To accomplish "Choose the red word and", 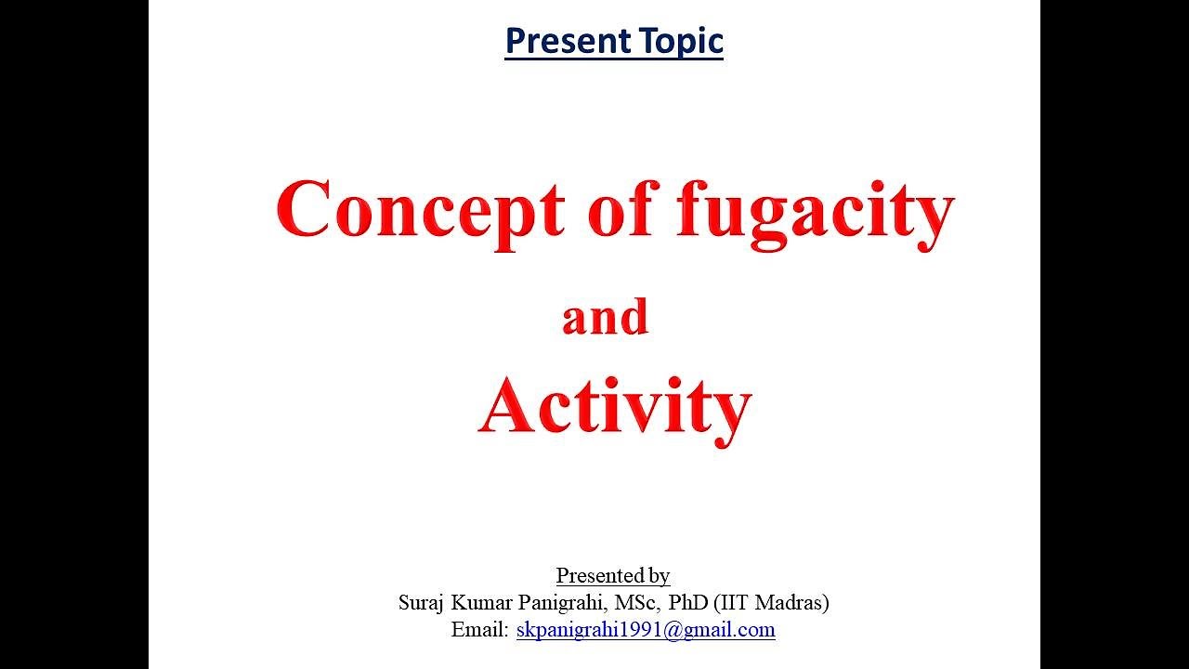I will [605, 318].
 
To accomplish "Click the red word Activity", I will [614, 407].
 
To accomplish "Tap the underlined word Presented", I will [599, 575].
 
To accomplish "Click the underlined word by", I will [659, 576].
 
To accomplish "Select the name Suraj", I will [422, 602].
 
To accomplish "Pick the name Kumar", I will [485, 602].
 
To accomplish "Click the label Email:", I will [480, 629].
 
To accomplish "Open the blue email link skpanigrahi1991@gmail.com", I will [646, 630].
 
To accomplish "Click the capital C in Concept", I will [303, 210].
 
